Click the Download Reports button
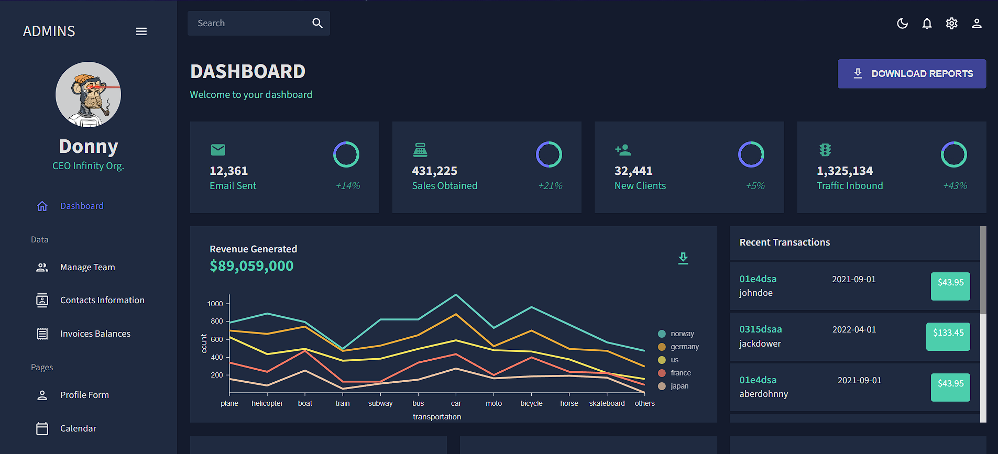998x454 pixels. coord(912,74)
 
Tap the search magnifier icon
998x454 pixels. coord(317,23)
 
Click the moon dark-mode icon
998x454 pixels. coord(902,24)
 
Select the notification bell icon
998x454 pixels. coord(927,24)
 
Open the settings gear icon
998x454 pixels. coord(951,24)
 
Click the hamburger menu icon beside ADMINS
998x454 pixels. coord(141,31)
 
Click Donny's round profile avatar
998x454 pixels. coord(88,95)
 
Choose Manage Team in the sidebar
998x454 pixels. coord(87,267)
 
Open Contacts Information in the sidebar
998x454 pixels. coord(102,300)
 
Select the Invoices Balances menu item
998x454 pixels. coord(95,334)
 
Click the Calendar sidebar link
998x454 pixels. coord(78,428)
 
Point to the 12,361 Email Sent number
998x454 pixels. coord(228,171)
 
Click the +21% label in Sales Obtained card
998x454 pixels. coord(550,186)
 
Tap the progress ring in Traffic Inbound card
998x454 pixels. coord(953,154)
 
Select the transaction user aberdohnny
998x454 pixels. coord(763,394)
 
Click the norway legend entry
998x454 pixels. coord(682,334)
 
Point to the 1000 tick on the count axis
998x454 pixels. coord(215,304)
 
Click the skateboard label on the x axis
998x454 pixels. coord(607,403)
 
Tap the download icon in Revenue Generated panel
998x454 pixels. coord(683,258)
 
